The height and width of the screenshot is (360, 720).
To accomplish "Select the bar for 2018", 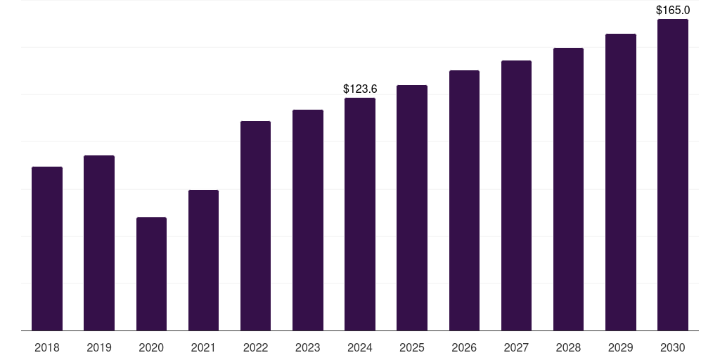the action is [x=47, y=248].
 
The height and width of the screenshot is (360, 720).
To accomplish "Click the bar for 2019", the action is [x=99, y=243].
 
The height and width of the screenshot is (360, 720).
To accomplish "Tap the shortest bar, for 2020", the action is [x=152, y=274].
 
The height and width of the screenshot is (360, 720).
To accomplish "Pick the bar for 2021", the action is [x=203, y=260].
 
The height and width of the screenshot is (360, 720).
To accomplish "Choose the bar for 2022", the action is [x=255, y=226].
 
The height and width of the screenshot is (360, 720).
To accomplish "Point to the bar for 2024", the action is [x=360, y=214].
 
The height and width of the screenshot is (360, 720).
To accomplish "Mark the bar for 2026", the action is [x=464, y=200].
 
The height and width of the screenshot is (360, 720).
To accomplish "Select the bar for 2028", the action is [x=568, y=189].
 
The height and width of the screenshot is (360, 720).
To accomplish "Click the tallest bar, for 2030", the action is [x=673, y=174].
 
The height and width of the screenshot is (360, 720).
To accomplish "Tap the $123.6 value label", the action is [x=360, y=89].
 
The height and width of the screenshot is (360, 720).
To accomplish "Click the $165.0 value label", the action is [x=673, y=10].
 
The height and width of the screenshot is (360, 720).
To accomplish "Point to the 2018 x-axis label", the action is [x=47, y=347].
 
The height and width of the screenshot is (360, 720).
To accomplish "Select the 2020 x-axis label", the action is [x=152, y=347].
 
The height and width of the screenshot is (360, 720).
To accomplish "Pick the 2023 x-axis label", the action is [x=308, y=347].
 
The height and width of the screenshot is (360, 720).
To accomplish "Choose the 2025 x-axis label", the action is [x=412, y=347].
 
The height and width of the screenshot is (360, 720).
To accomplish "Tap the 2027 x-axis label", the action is [x=516, y=347].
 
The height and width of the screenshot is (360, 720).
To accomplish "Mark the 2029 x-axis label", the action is [x=621, y=347].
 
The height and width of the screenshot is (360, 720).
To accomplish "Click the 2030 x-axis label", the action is [x=673, y=347].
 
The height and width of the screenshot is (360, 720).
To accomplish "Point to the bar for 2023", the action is [x=308, y=220].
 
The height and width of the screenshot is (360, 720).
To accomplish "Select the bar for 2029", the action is [x=621, y=182].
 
